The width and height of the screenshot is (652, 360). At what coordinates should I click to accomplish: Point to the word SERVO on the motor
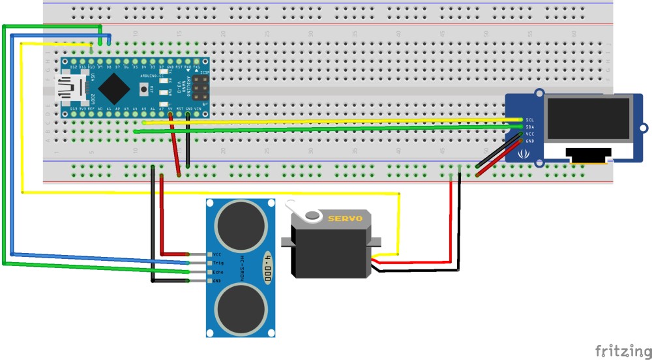[344, 218]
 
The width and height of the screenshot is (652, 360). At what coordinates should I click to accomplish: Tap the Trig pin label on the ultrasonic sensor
[218, 263]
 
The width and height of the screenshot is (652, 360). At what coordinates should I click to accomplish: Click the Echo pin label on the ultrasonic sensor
[218, 272]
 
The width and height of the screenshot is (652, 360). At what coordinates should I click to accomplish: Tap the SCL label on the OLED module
[530, 120]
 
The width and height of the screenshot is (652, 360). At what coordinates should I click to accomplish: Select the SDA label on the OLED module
[530, 127]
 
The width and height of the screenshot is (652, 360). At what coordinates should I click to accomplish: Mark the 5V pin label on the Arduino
[170, 108]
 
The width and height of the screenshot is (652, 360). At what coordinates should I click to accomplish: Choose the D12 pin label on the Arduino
[73, 67]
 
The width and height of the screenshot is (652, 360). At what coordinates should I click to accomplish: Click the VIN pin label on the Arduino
[197, 108]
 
